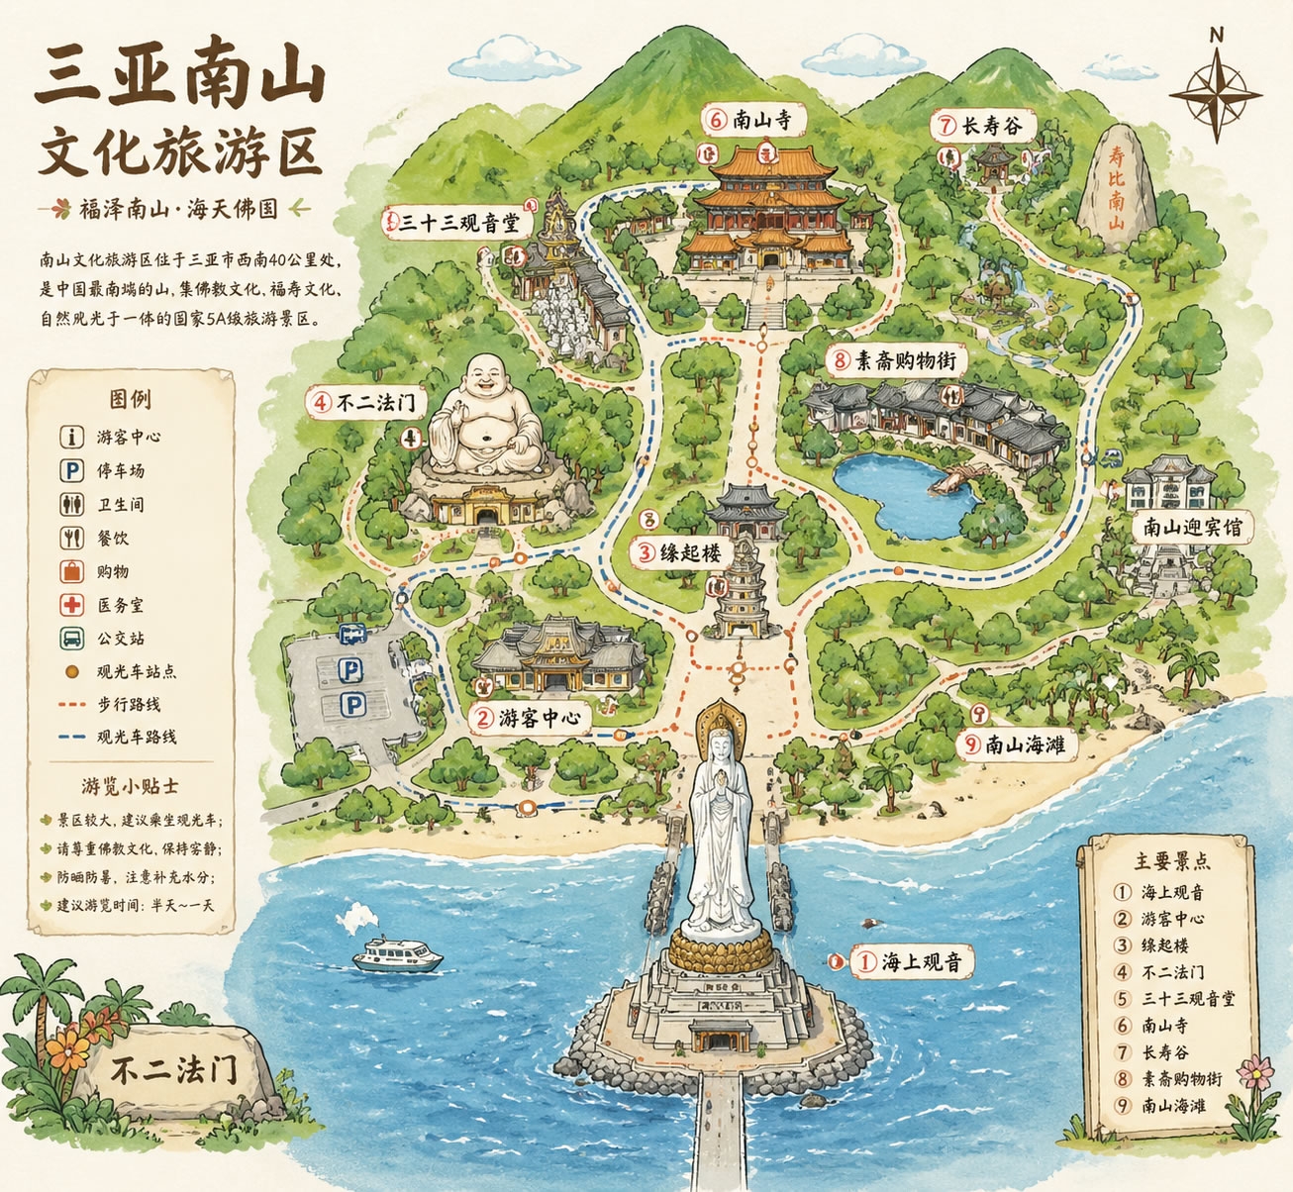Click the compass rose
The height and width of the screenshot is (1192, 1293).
[1216, 93]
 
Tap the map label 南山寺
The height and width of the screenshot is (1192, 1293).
[761, 121]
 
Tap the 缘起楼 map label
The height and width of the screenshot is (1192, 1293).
[691, 552]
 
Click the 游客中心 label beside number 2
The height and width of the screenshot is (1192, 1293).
[538, 717]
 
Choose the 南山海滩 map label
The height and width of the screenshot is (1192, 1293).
[1026, 744]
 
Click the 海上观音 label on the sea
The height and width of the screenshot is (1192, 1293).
[921, 960]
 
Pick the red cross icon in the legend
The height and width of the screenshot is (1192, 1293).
[71, 605]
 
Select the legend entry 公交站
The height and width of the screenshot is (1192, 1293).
[121, 639]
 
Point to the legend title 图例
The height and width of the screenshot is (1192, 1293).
[130, 399]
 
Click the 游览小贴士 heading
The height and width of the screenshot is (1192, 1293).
[130, 786]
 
